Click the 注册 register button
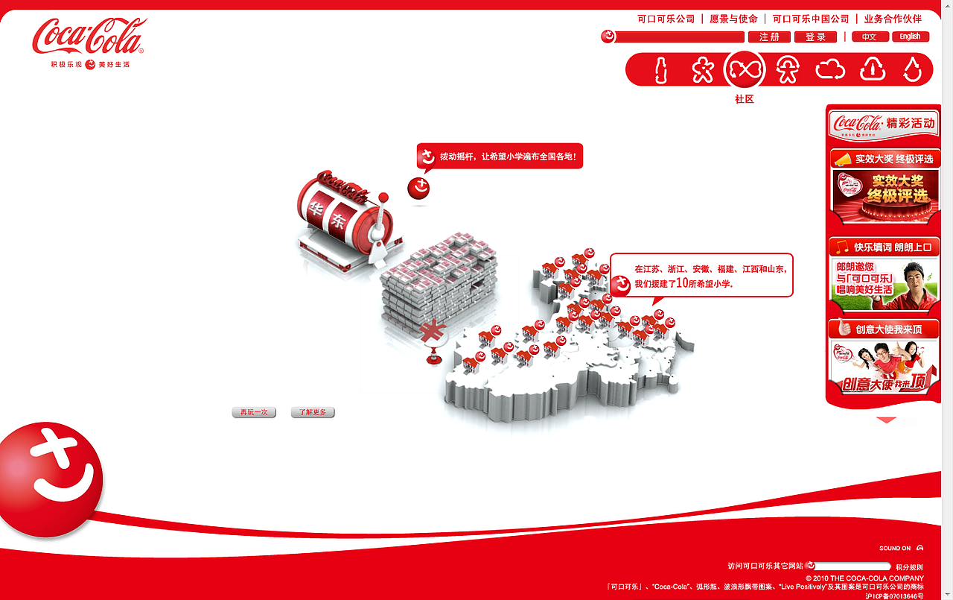(769, 37)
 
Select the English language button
(910, 37)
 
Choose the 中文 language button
(870, 37)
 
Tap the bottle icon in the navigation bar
(660, 70)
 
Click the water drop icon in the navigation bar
(913, 70)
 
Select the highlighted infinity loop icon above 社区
(745, 70)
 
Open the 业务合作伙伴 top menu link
(893, 19)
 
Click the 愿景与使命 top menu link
(733, 19)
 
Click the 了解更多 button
(313, 412)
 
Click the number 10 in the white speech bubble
(682, 283)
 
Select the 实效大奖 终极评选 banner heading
(885, 159)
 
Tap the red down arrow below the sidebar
(886, 420)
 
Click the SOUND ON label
(895, 549)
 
